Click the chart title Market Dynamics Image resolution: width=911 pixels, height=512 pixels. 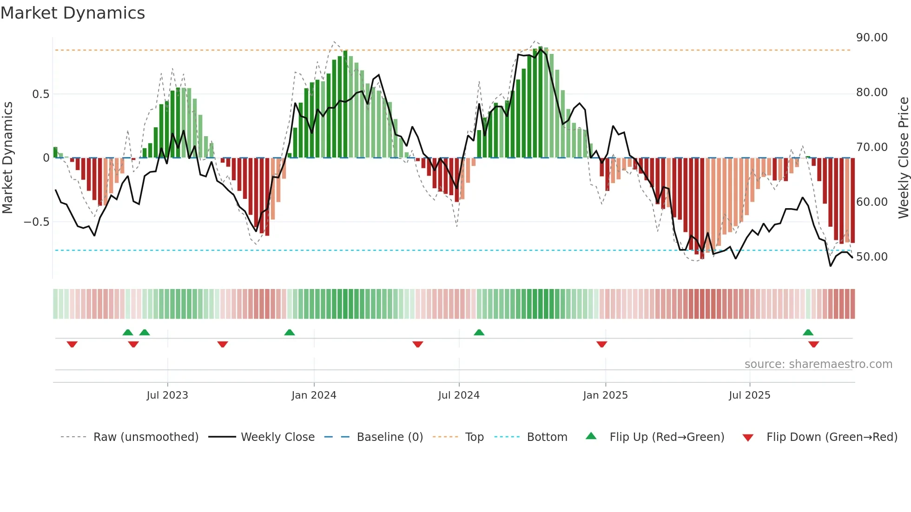pyautogui.click(x=73, y=13)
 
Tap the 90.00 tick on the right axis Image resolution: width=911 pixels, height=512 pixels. pyautogui.click(x=871, y=38)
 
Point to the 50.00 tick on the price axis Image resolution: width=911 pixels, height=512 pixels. pyautogui.click(x=871, y=257)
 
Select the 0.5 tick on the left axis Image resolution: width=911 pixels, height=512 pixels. pyautogui.click(x=40, y=94)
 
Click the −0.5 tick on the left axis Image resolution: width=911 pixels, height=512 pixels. pyautogui.click(x=36, y=222)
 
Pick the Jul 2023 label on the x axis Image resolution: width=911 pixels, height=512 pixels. pyautogui.click(x=167, y=395)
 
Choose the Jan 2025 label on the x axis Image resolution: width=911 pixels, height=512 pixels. pyautogui.click(x=605, y=395)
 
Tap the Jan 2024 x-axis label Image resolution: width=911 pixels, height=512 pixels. pyautogui.click(x=314, y=395)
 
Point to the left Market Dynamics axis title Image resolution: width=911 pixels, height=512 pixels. pyautogui.click(x=7, y=158)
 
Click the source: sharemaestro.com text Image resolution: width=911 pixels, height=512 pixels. pyautogui.click(x=818, y=364)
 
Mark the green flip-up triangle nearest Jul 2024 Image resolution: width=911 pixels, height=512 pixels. pyautogui.click(x=479, y=332)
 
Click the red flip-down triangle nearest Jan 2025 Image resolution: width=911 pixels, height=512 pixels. pyautogui.click(x=602, y=344)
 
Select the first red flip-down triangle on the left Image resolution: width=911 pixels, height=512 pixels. pyautogui.click(x=72, y=344)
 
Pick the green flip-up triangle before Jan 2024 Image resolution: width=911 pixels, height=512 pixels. pyautogui.click(x=290, y=332)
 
